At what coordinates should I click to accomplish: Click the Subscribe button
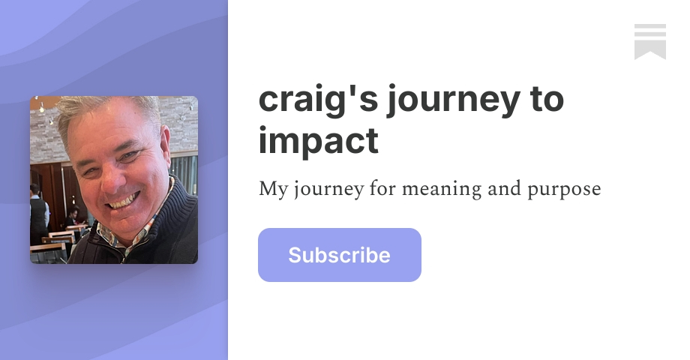coord(339,255)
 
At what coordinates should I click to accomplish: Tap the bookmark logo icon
coord(649,41)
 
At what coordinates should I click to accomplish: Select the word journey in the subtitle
coord(328,190)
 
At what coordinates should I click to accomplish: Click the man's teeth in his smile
coord(124,201)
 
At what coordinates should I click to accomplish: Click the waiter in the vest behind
coord(38,214)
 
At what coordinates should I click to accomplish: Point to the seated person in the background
coord(73,219)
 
